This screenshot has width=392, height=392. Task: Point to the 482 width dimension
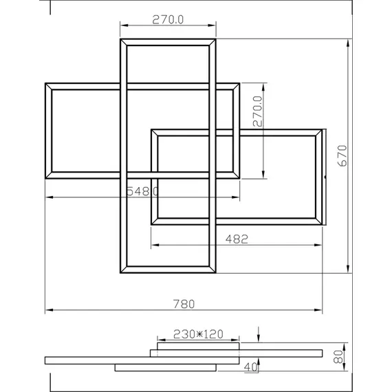pos(237,239)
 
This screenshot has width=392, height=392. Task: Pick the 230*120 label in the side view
pos(198,334)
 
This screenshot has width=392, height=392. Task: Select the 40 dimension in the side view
pos(251,367)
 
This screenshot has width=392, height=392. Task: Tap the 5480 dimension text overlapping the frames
pos(142,191)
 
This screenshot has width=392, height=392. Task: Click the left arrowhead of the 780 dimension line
pos(49,312)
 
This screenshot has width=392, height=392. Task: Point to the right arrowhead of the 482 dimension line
pos(321,245)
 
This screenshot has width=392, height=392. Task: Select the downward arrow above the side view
pos(258,336)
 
